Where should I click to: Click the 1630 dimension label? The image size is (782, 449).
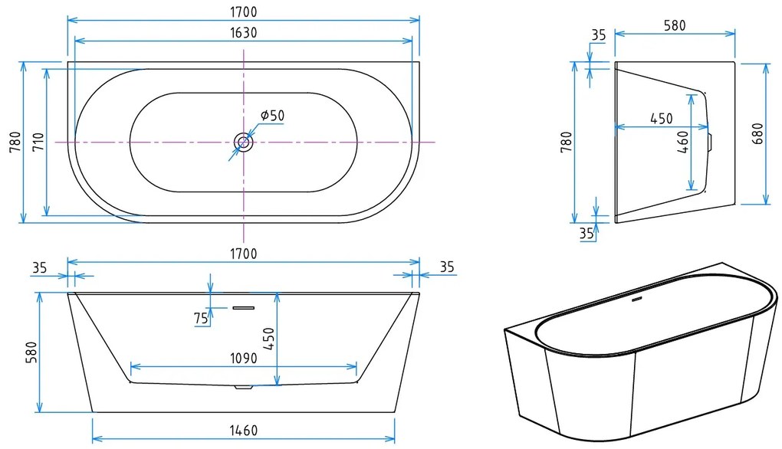[243, 33]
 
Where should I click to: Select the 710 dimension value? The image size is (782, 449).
[38, 142]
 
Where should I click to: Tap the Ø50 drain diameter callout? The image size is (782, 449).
[272, 116]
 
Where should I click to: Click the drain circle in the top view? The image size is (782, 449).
[243, 143]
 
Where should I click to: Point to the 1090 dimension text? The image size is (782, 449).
[243, 359]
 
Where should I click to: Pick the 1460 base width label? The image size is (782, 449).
[243, 430]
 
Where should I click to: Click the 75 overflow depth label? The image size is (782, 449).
[201, 318]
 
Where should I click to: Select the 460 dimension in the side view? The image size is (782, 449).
[683, 142]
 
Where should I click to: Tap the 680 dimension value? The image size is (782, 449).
[757, 133]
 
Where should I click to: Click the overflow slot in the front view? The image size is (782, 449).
[243, 308]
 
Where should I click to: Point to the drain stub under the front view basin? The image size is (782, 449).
[243, 387]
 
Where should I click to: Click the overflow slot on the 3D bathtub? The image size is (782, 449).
[637, 300]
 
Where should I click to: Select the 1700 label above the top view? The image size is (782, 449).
[243, 11]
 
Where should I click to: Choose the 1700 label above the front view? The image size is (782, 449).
[243, 254]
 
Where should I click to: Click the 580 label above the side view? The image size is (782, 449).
[675, 25]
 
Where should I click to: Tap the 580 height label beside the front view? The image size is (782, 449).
[31, 352]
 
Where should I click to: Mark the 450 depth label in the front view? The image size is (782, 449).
[269, 339]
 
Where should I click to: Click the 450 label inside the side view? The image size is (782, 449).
[662, 119]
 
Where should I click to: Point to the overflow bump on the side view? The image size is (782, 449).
[711, 142]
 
